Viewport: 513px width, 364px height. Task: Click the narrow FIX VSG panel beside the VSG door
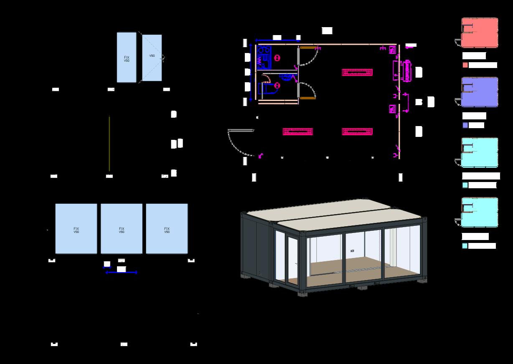click(x=127, y=57)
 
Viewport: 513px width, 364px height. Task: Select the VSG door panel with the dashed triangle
click(x=152, y=58)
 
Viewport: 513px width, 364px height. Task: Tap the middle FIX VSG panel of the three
click(x=122, y=229)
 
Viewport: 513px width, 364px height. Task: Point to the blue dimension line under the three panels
click(x=122, y=273)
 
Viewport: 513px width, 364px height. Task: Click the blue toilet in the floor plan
click(x=265, y=88)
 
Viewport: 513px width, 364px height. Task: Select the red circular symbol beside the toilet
click(x=277, y=85)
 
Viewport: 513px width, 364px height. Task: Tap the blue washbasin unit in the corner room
click(x=264, y=58)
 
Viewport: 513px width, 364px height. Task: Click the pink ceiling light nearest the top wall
click(x=357, y=72)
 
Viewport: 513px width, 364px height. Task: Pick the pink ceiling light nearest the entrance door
click(x=297, y=131)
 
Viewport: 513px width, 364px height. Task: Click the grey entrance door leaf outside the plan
click(x=241, y=131)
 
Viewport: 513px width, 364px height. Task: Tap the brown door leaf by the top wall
click(x=307, y=48)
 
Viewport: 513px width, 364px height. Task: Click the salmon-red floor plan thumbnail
click(x=480, y=33)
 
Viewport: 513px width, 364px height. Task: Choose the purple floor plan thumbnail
click(x=480, y=92)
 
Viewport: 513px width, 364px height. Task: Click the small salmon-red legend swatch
click(x=465, y=65)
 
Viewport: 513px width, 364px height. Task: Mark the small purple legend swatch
click(x=465, y=125)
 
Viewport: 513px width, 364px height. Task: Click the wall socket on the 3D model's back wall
click(x=352, y=251)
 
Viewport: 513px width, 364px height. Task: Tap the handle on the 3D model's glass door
click(x=296, y=263)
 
